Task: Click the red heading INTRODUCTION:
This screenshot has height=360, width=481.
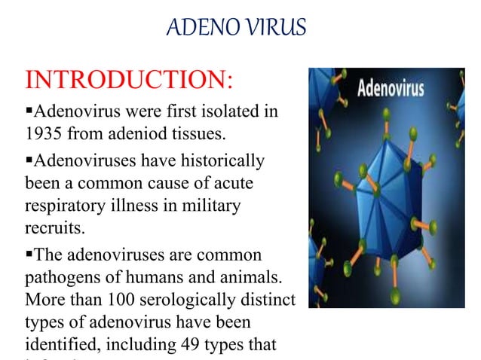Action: (130, 79)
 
